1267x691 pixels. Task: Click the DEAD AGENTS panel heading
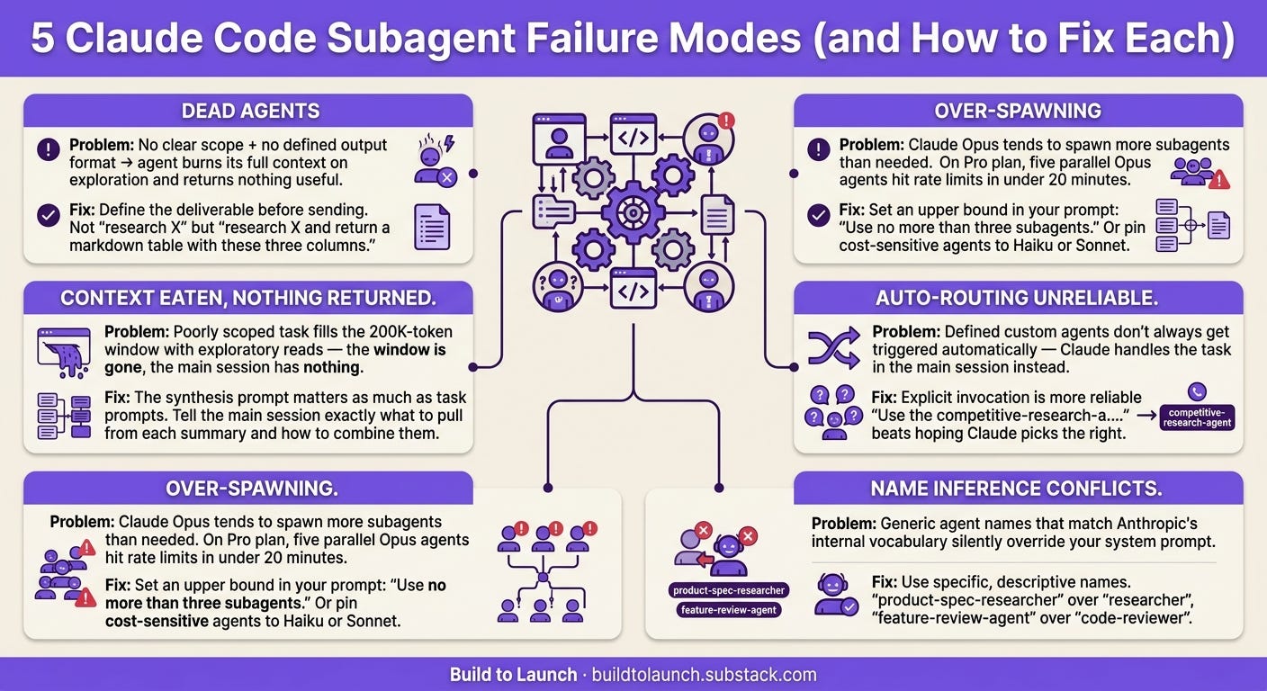[250, 111]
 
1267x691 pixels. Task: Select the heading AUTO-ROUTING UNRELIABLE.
[1017, 298]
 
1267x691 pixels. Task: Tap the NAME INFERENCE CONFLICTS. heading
[1017, 489]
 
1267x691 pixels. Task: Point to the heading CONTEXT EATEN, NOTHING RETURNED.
[248, 298]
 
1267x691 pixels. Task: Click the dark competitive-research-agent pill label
[1197, 417]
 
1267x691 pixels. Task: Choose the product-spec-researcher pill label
[729, 590]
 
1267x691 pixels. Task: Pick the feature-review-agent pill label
[729, 609]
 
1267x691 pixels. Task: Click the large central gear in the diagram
[633, 213]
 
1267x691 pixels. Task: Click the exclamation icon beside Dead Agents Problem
[49, 150]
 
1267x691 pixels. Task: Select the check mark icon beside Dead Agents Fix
[49, 215]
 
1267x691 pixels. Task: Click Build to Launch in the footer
[513, 675]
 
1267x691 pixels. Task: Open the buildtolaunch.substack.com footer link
[705, 675]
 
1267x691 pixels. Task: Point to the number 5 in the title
[42, 39]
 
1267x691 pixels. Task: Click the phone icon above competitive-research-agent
[1197, 392]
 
